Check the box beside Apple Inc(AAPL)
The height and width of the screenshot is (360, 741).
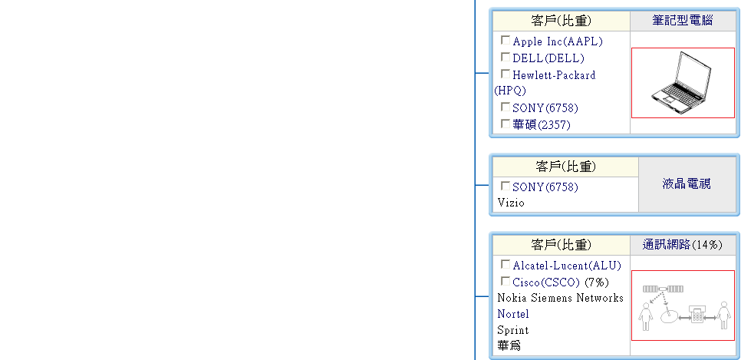[x=506, y=40]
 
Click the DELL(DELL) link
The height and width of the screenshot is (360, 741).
[x=548, y=58]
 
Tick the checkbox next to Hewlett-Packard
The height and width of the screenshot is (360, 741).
[x=506, y=74]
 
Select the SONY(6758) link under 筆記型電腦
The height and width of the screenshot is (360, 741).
[x=545, y=108]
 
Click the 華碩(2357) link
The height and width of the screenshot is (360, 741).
[x=542, y=125]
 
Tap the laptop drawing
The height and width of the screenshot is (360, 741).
[x=682, y=83]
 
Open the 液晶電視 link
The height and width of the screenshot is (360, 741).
[x=687, y=184]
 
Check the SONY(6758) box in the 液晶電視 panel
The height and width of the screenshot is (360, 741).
[x=506, y=186]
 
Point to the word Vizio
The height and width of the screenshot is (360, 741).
[x=511, y=203]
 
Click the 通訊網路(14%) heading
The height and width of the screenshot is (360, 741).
[x=682, y=245]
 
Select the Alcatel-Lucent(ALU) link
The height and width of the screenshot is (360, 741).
[x=567, y=266]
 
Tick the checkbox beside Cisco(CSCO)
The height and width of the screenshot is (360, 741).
[x=506, y=281]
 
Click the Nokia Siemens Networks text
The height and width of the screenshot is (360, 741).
[x=560, y=298]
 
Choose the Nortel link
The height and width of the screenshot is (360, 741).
[x=513, y=314]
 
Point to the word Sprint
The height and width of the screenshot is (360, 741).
[x=512, y=330]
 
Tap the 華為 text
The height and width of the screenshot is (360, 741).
[x=509, y=346]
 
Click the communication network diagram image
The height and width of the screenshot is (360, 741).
[x=682, y=305]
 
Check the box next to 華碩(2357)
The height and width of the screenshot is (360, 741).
[x=506, y=123]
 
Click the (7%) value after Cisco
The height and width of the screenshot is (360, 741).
[x=597, y=282]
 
